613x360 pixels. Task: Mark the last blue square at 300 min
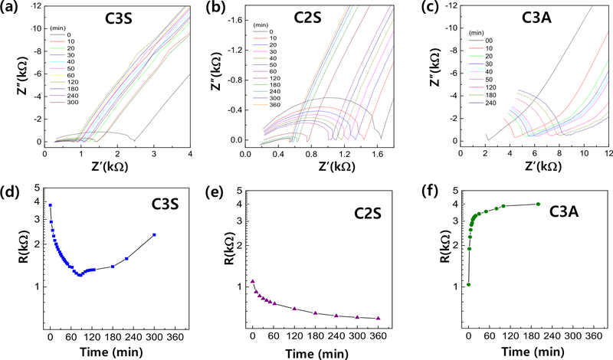click(x=154, y=235)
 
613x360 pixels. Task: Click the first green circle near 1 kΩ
click(x=468, y=285)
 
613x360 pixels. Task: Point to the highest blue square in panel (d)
click(x=50, y=205)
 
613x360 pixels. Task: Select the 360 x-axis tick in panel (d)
click(x=177, y=335)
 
